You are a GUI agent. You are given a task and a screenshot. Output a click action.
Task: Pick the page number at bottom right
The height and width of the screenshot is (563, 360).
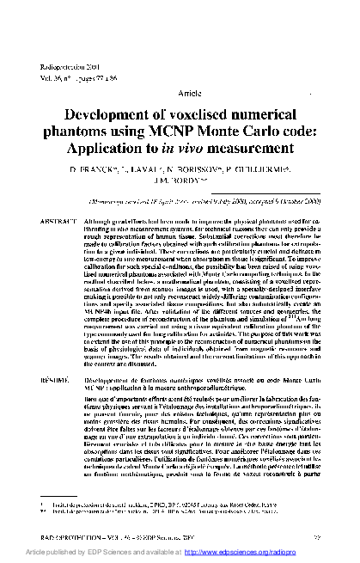343,535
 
